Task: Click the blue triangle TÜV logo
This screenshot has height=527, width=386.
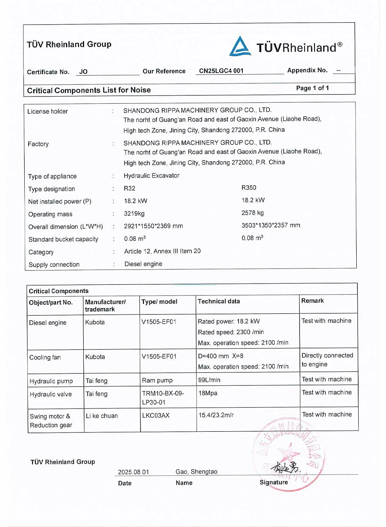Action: coord(240,47)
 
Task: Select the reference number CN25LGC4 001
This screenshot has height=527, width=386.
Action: coord(221,71)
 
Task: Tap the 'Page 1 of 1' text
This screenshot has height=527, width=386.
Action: coord(312,88)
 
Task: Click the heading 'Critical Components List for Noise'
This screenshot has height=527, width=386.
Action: coord(89,90)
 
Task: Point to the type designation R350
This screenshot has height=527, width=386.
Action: coord(249,187)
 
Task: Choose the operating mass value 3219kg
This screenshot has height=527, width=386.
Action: coord(134,213)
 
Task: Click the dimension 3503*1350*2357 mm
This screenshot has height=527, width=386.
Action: coord(271,225)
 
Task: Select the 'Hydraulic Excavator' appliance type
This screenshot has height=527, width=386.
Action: coord(151,176)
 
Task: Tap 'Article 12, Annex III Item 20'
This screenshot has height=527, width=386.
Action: coord(162,251)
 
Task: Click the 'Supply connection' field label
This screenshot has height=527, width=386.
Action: coord(54,265)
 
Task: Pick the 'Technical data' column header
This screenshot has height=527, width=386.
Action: coord(218,301)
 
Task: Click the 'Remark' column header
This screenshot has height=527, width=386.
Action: coord(312,301)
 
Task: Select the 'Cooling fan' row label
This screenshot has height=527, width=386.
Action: coord(45,357)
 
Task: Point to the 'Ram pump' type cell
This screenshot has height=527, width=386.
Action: coord(157,380)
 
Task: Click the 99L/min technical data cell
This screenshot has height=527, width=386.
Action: coord(209,380)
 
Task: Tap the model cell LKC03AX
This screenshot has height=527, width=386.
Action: coord(156,416)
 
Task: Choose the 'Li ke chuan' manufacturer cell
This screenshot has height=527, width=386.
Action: coord(102,416)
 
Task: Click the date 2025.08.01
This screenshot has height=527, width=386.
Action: coord(133,472)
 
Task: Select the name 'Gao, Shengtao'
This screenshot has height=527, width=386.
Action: coord(196,472)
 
